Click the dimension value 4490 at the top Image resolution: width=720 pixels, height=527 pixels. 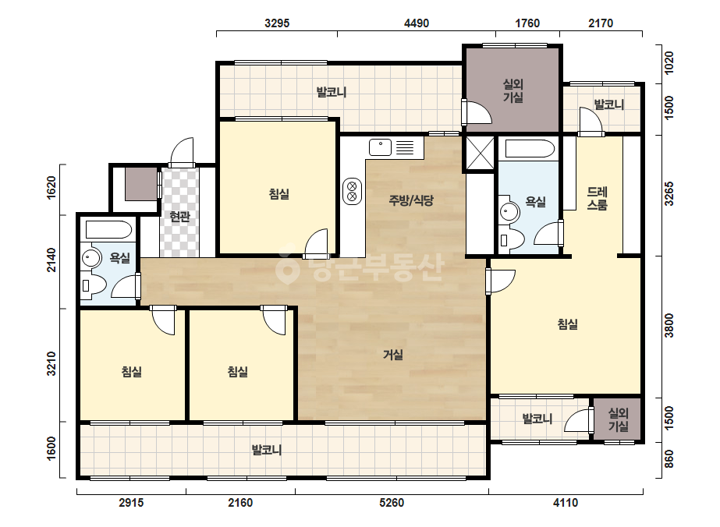416,23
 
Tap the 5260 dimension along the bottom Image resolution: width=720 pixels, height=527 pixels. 392,503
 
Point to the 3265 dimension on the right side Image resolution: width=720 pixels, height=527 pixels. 669,193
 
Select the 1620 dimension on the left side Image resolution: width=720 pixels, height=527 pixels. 51,187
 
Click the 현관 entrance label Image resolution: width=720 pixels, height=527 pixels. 179,217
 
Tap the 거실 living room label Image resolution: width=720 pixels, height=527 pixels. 393,355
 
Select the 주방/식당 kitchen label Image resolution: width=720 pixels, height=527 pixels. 411,200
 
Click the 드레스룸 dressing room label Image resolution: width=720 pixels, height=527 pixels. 597,198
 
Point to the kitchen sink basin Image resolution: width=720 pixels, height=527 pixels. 380,147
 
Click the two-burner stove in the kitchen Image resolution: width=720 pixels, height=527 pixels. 352,192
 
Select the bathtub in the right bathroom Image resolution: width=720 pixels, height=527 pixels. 530,149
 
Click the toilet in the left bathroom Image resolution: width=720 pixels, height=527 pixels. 93,285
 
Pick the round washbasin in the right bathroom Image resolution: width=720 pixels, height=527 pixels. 509,211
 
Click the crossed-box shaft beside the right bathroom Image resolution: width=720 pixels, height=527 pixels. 480,153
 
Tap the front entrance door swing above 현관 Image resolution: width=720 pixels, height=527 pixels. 181,151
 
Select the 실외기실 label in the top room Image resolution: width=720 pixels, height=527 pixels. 513,90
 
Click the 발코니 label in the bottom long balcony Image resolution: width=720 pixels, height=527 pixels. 267,450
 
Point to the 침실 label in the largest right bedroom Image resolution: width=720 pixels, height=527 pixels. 568,324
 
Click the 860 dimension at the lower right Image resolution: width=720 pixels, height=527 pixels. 669,459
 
